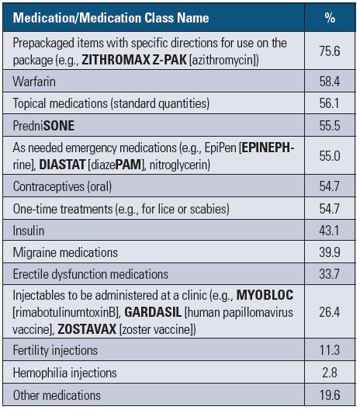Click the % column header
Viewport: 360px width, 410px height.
point(330,18)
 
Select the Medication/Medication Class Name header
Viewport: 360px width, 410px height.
point(111,18)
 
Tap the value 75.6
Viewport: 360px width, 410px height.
point(330,51)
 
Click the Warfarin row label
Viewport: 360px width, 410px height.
point(34,82)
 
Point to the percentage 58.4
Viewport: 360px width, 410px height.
point(330,82)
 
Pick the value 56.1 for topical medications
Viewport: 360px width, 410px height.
point(329,103)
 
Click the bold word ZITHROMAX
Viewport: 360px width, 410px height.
point(116,60)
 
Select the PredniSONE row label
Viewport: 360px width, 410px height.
point(43,126)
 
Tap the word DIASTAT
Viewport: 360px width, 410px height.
point(62,165)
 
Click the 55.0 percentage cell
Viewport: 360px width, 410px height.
point(330,156)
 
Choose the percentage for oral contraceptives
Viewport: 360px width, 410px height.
point(330,186)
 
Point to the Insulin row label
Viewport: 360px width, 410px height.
point(29,231)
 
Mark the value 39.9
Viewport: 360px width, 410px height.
point(330,252)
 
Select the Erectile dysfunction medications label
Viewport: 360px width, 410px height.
point(91,274)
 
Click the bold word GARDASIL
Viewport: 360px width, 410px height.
point(153,312)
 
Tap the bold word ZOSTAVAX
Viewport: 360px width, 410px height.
point(87,329)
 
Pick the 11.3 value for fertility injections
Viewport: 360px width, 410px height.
point(330,350)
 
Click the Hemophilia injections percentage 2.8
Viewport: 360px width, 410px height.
point(330,373)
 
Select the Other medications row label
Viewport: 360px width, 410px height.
point(57,395)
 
